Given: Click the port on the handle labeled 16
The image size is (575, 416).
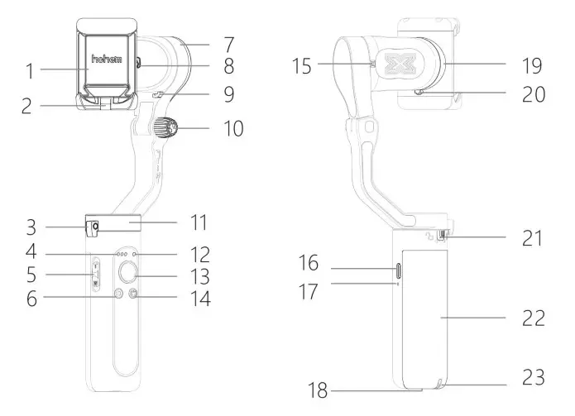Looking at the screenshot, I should pyautogui.click(x=398, y=269).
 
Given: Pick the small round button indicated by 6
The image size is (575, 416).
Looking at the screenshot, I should pyautogui.click(x=116, y=294).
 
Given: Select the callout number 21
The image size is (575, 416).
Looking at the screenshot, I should pyautogui.click(x=530, y=239).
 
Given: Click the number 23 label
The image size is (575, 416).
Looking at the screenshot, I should pyautogui.click(x=533, y=379).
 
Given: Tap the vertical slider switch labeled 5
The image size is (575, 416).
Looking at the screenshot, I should pyautogui.click(x=95, y=273).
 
